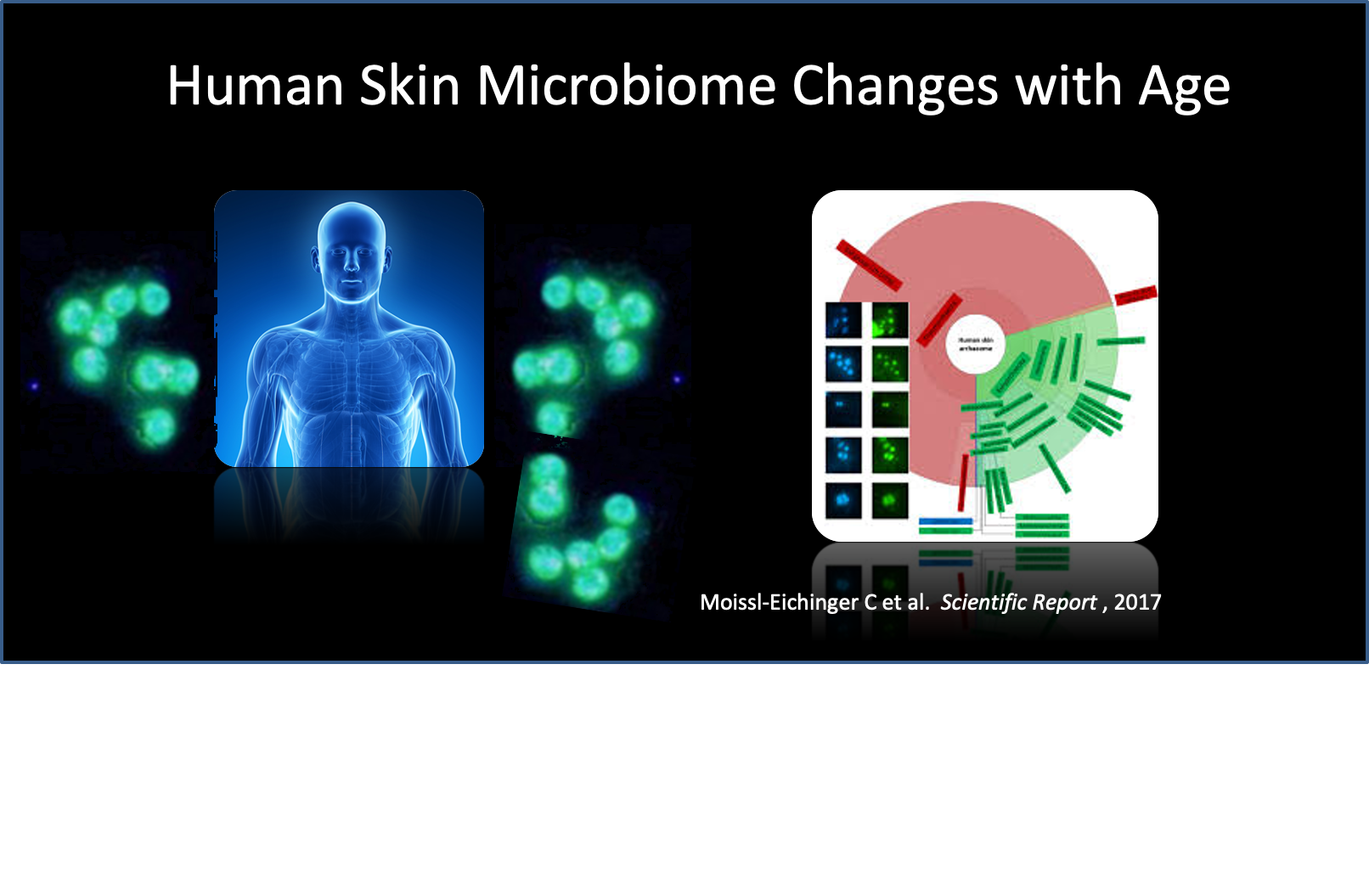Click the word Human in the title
(x=255, y=86)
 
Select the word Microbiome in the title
(x=626, y=86)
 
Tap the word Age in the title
(x=1184, y=87)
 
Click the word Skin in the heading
(x=409, y=86)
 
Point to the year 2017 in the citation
(x=1137, y=602)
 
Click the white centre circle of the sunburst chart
(x=975, y=344)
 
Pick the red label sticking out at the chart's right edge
(x=1135, y=295)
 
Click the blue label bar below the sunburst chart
(x=945, y=521)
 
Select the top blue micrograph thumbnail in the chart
(x=843, y=321)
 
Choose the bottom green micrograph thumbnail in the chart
(x=889, y=500)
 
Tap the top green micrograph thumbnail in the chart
(x=889, y=321)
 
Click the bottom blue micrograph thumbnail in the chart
(x=843, y=500)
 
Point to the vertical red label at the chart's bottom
(x=964, y=481)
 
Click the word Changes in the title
(x=896, y=86)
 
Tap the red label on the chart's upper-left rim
(x=868, y=264)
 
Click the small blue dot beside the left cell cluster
(x=35, y=386)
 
